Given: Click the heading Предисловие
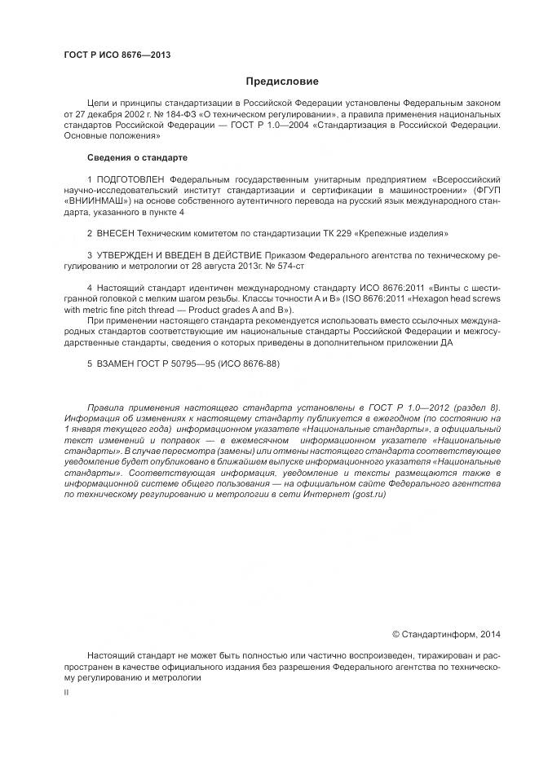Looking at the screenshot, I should tap(282, 81).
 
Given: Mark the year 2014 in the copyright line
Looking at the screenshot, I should tap(491, 632).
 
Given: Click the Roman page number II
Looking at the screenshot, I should tap(66, 691).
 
